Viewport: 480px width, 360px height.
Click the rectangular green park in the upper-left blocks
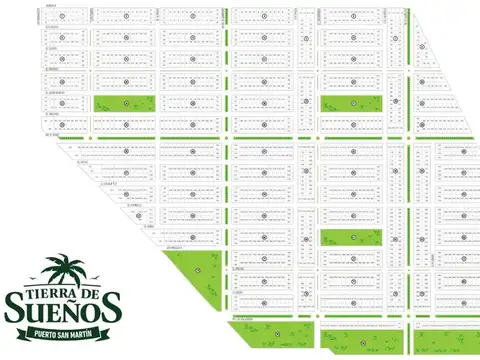[125, 103]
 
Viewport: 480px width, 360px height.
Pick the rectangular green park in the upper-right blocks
[352, 104]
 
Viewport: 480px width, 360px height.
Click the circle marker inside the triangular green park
[197, 269]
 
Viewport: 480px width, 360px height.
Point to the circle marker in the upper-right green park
[352, 104]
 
